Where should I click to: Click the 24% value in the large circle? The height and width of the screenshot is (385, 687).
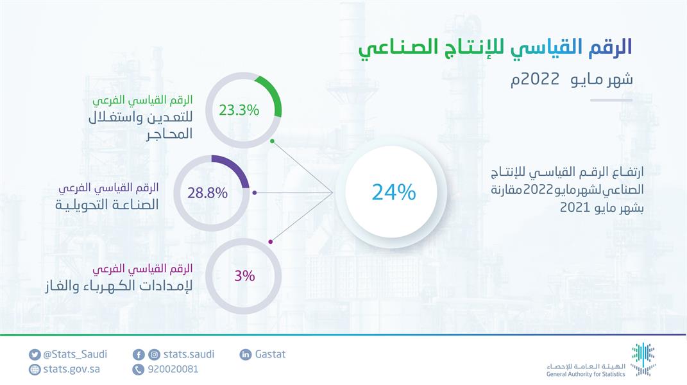393,192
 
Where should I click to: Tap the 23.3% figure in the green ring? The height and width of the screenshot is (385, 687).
239,110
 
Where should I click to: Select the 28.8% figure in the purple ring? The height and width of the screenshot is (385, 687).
207,193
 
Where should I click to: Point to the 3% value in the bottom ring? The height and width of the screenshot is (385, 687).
244,276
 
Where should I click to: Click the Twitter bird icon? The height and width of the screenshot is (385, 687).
35,354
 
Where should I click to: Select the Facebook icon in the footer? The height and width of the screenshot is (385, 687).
139,354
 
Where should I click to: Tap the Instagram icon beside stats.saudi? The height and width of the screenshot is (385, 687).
154,354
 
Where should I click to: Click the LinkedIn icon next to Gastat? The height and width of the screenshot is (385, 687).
245,354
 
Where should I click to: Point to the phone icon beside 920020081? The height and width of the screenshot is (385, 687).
139,370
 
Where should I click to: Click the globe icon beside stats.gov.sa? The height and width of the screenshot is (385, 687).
35,370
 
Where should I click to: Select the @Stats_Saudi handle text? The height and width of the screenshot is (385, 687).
75,354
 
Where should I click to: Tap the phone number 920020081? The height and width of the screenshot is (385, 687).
173,369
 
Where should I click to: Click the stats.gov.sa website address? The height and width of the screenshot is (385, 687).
71,369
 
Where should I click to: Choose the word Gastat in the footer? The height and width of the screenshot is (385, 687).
270,354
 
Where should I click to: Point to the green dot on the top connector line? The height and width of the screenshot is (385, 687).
272,141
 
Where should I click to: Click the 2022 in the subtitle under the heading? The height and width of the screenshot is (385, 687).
540,79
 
